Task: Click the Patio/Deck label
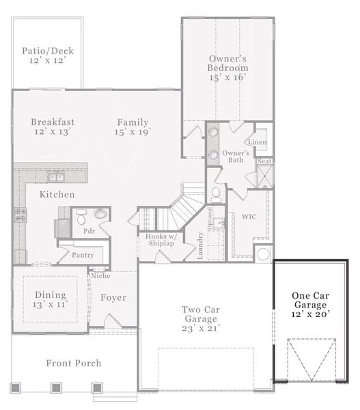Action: click(x=48, y=51)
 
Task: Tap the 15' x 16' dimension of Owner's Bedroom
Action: click(x=227, y=77)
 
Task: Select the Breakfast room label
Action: click(x=53, y=122)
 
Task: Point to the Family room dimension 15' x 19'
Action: click(x=133, y=131)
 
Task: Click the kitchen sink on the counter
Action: click(x=56, y=177)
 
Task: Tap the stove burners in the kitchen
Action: click(x=20, y=215)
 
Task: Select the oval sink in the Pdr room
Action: click(x=100, y=214)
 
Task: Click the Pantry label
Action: click(x=83, y=255)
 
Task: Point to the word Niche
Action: click(x=100, y=275)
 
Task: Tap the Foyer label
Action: click(x=113, y=297)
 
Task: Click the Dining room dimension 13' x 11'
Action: click(x=50, y=304)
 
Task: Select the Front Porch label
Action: click(x=74, y=363)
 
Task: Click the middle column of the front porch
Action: click(x=56, y=387)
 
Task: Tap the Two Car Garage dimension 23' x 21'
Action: click(x=201, y=329)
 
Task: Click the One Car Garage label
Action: click(x=310, y=300)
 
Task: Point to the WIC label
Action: click(x=249, y=217)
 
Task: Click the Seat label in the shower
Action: click(x=264, y=161)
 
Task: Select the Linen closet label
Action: click(x=258, y=142)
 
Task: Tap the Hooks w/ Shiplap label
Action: click(x=161, y=240)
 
